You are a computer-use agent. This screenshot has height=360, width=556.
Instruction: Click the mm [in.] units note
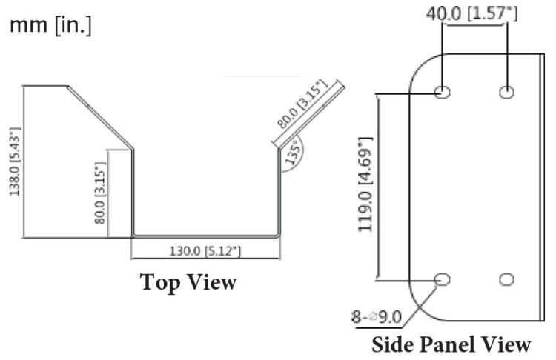click(x=50, y=25)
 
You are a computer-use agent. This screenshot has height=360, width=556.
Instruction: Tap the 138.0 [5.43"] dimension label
click(x=15, y=161)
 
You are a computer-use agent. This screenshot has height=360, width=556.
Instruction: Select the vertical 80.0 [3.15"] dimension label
click(x=100, y=193)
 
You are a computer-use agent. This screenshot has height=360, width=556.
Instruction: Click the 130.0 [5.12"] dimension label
click(x=205, y=251)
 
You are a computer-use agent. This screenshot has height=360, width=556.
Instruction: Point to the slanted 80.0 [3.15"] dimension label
click(x=302, y=104)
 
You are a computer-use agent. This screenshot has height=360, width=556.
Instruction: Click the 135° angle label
click(x=294, y=153)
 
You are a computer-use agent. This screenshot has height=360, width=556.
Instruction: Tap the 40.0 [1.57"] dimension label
click(x=471, y=13)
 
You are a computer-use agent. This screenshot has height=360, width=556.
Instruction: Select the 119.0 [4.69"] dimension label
click(x=365, y=184)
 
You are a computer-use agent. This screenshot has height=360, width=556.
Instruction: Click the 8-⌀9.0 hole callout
click(x=377, y=317)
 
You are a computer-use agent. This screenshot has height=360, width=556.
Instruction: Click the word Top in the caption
click(x=159, y=282)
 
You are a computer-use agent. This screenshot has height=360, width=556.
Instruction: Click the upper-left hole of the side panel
click(x=442, y=92)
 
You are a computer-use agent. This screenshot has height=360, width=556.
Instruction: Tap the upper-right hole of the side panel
click(x=506, y=92)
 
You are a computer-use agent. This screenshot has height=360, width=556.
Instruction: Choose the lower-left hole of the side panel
click(x=442, y=279)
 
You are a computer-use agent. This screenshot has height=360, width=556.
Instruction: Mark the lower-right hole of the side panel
click(x=506, y=279)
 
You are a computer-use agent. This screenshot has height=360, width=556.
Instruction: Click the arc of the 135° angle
click(x=302, y=156)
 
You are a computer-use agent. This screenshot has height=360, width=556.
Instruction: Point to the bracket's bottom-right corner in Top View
click(x=279, y=236)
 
